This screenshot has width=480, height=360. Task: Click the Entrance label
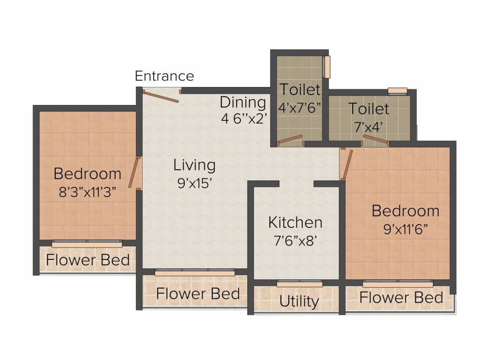point(165,76)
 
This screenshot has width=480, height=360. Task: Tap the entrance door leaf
point(161,96)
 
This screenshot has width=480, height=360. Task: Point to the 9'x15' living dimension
point(195,183)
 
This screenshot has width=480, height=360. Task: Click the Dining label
point(243,102)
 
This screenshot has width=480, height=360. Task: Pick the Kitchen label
point(295,222)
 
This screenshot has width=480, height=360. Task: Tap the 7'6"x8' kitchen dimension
point(295,240)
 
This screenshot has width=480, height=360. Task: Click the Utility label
point(299,301)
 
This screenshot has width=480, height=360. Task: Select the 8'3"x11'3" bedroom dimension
point(88,192)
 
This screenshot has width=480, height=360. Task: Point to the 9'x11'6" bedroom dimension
point(405,229)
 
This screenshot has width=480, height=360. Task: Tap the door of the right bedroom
point(347,165)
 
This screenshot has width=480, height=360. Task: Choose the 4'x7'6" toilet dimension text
point(300,108)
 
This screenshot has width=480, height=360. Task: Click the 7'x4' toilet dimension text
point(369,127)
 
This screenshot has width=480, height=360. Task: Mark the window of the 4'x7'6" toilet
point(327,67)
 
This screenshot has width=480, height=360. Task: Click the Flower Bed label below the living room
point(198,293)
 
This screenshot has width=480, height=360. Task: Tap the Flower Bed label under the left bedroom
point(88,260)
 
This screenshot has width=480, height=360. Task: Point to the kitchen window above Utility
point(300,284)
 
